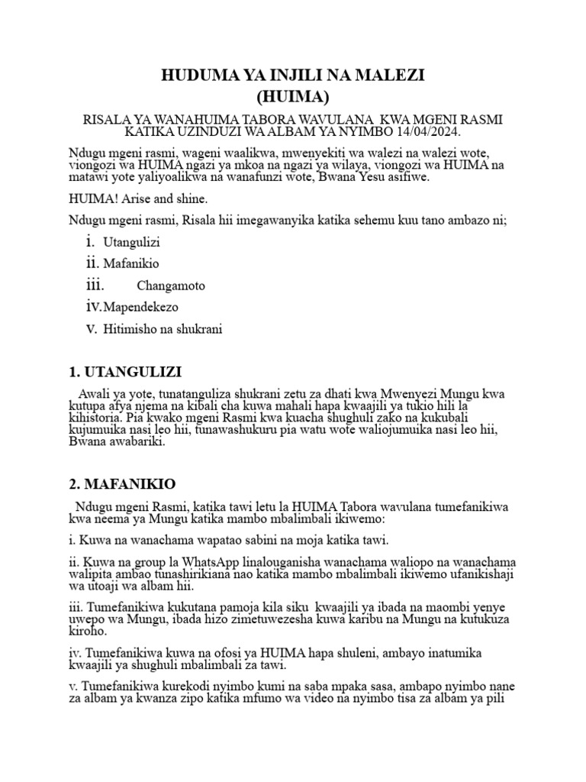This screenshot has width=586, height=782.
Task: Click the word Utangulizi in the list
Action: (131, 242)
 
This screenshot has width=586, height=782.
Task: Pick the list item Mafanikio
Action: (131, 263)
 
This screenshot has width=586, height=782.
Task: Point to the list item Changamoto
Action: (171, 286)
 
